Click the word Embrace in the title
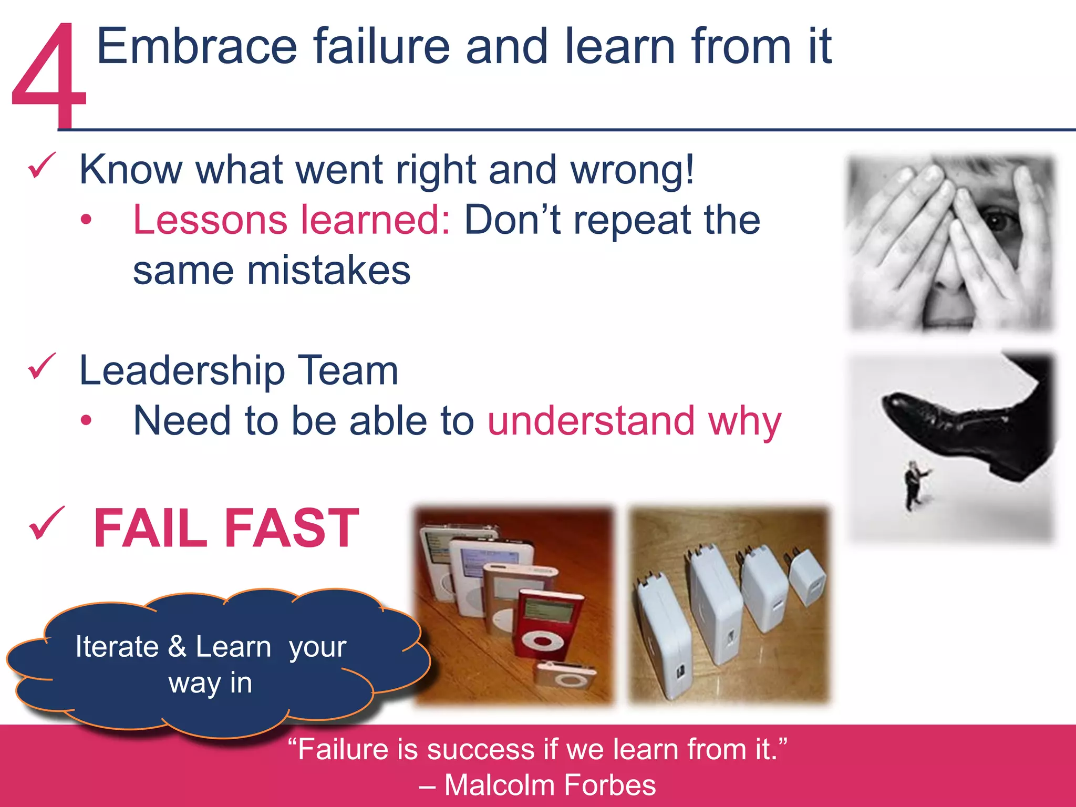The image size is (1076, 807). coord(197,47)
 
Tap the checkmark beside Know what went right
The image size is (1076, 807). coord(42,165)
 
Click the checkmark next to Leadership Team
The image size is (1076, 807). coord(42,366)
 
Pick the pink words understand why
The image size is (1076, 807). coord(634,421)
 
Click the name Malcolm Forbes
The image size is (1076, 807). coord(550,785)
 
